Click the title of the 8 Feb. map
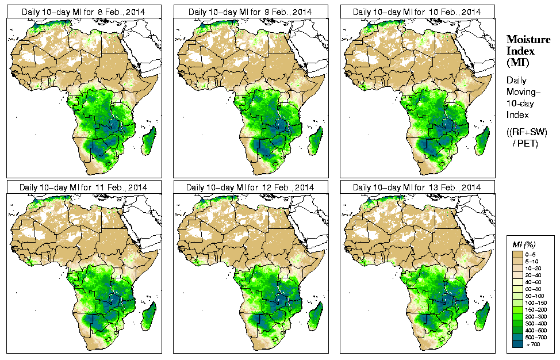(x=83, y=12)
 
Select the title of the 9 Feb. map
(x=250, y=12)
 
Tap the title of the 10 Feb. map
(x=417, y=12)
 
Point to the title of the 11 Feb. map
(x=83, y=187)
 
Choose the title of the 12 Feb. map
(x=250, y=187)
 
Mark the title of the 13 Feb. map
(x=417, y=187)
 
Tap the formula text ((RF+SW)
(x=527, y=132)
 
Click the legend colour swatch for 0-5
(x=517, y=254)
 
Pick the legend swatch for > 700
(x=517, y=343)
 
